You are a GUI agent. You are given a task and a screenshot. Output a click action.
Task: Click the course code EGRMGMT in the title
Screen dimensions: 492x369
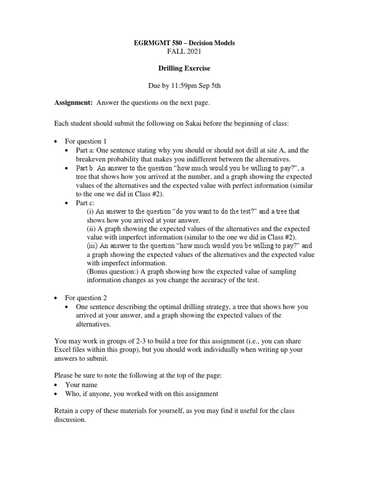151,43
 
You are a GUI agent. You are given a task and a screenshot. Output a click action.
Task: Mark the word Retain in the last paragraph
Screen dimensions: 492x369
65,411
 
